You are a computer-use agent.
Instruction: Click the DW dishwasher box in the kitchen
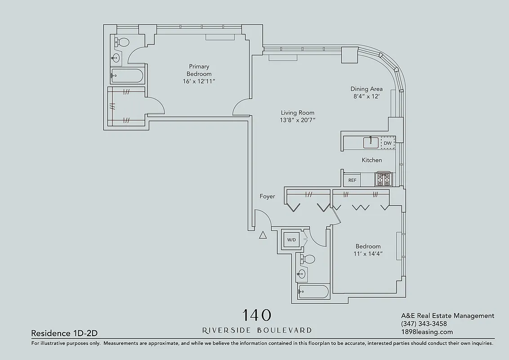point(387,144)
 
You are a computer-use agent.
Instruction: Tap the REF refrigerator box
point(352,180)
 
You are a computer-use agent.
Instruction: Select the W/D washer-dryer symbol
point(291,240)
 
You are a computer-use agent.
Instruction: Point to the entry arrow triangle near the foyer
point(263,234)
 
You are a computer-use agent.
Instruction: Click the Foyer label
point(267,197)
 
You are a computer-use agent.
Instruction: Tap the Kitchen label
point(372,160)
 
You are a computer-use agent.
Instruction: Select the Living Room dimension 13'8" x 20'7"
point(297,120)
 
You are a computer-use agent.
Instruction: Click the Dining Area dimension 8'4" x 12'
point(366,96)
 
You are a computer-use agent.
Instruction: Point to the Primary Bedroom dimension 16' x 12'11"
point(200,81)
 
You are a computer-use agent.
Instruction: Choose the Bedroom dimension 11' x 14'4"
point(368,254)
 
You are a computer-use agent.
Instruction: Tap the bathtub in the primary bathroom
point(127,76)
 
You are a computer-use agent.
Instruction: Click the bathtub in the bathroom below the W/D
point(313,292)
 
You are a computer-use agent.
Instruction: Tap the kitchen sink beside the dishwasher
point(371,143)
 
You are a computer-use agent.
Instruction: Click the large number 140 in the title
point(257,315)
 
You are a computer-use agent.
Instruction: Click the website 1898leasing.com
point(427,332)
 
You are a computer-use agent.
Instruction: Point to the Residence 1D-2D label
point(64,333)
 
